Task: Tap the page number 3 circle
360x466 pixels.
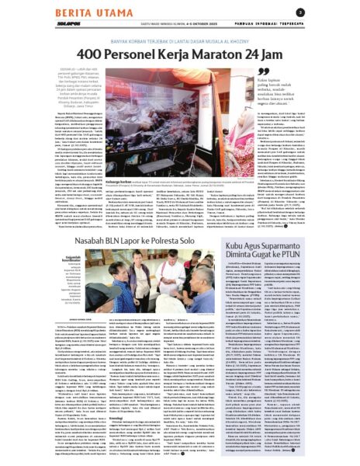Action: point(344,11)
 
